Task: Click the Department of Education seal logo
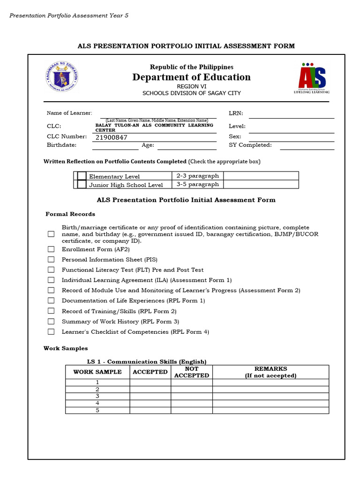pos(62,76)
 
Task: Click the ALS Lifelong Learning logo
pos(312,78)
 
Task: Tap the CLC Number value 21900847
pos(112,137)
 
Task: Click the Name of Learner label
pos(69,113)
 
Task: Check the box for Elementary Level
pos(82,176)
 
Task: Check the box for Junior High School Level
pos(82,185)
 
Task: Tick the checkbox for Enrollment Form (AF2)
pos(51,249)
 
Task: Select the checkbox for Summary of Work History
pos(51,322)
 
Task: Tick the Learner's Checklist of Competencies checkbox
pos(51,332)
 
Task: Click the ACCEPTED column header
pos(150,372)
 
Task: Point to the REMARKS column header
pos(270,372)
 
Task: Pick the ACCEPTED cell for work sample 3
pos(150,396)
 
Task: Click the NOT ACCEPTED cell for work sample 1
pos(191,382)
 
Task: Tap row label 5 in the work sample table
pos(97,410)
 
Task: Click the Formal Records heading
pos(70,214)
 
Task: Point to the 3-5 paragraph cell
pos(197,184)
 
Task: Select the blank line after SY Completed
pos(307,146)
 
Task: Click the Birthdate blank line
pos(115,146)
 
